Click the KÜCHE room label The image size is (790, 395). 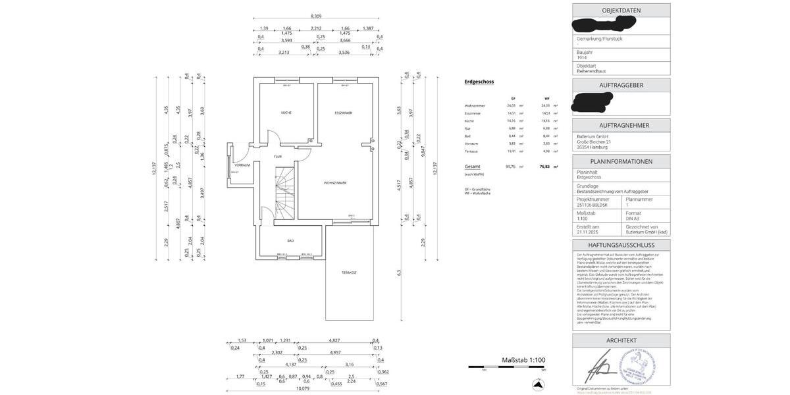(286, 113)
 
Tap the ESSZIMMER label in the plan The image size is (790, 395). (343, 113)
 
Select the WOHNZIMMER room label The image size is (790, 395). (334, 182)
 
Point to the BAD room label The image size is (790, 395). (290, 240)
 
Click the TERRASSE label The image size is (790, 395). (348, 272)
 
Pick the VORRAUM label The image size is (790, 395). (242, 165)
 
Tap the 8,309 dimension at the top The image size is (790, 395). (316, 16)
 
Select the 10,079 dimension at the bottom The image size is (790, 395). (302, 388)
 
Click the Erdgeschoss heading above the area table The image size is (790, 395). (479, 82)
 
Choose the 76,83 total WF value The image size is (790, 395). (544, 167)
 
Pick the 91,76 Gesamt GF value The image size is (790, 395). (510, 167)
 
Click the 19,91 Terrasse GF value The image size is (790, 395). (512, 151)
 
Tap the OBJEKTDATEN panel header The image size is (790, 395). (621, 11)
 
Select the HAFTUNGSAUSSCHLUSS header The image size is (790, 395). (621, 245)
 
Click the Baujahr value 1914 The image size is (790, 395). (581, 57)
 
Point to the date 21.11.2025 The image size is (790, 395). (588, 232)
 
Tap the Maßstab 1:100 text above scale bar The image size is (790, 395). (523, 360)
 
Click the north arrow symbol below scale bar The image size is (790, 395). (539, 384)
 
